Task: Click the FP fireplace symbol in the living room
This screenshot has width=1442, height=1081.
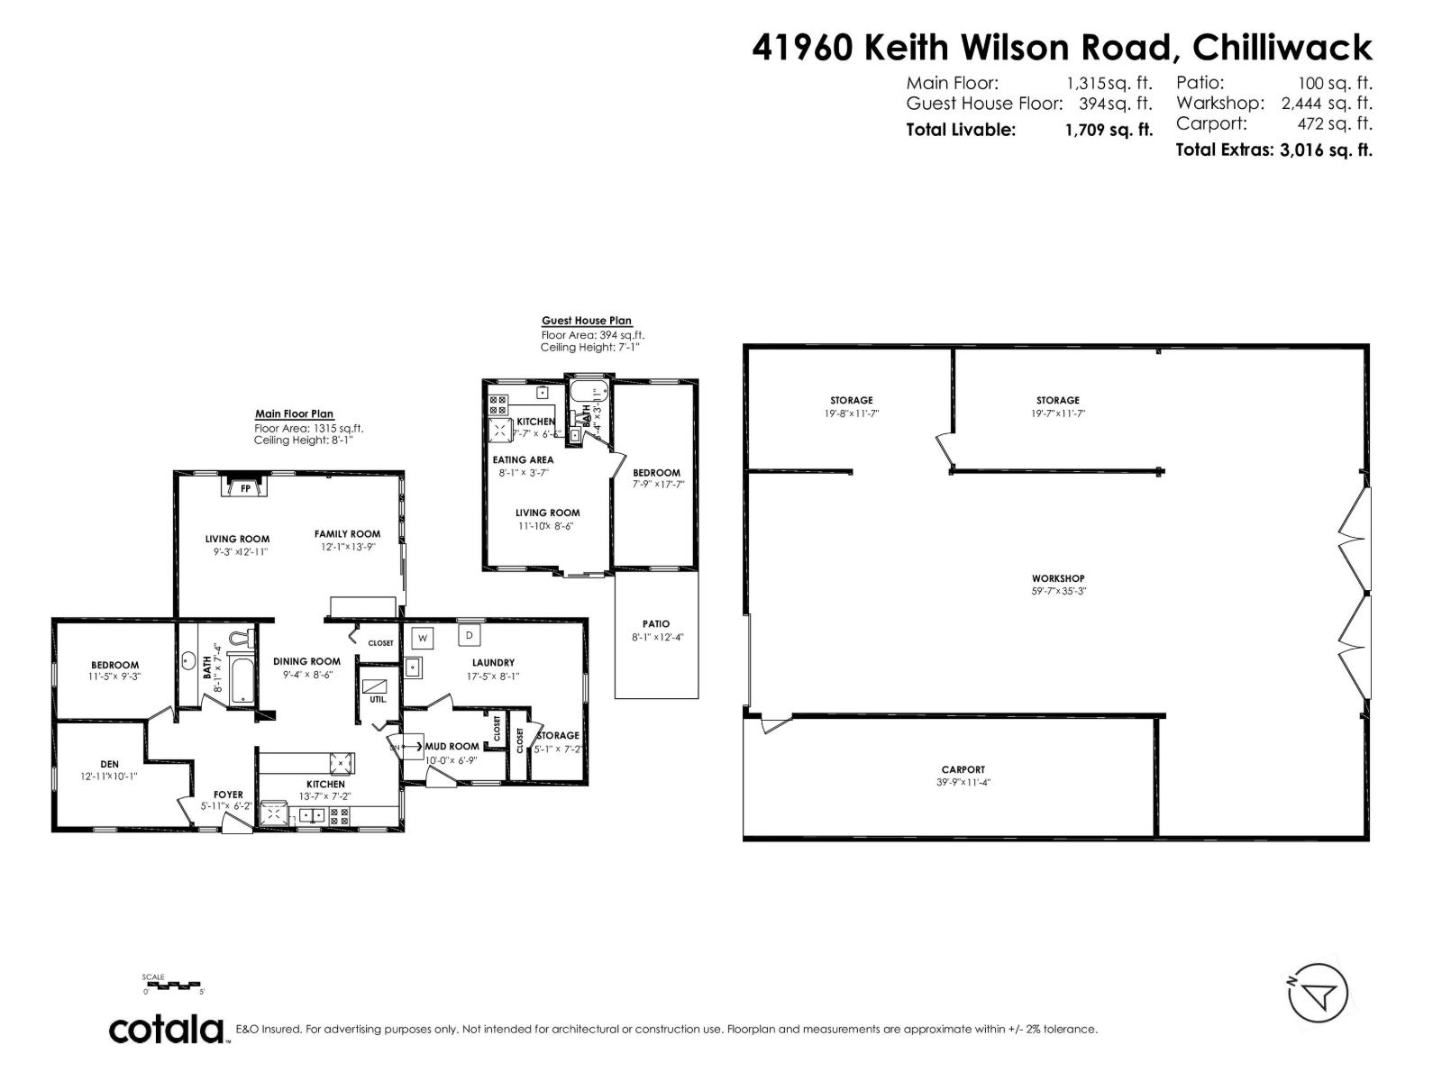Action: click(244, 488)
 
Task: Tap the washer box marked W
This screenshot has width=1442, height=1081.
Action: click(422, 639)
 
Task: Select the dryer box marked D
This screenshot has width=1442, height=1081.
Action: click(469, 635)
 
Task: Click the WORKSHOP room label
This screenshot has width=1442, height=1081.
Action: click(1058, 578)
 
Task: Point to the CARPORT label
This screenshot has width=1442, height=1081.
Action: click(963, 769)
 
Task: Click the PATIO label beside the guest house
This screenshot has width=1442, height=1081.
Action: click(656, 623)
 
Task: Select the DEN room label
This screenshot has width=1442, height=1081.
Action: click(110, 764)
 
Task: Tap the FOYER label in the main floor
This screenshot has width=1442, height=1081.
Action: click(228, 795)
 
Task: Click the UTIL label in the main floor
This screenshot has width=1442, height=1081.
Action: click(377, 699)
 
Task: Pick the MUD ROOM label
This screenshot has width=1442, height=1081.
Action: click(452, 746)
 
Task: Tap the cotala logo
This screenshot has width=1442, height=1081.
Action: click(168, 1029)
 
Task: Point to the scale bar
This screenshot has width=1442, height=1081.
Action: click(174, 985)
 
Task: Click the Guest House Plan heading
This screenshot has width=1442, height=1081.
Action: click(586, 321)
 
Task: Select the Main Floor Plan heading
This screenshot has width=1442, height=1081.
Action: click(294, 414)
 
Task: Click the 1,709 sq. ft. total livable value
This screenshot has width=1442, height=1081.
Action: click(1109, 130)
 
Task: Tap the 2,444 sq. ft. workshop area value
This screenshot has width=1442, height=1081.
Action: click(1327, 104)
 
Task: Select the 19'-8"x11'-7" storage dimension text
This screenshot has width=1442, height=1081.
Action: click(851, 413)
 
